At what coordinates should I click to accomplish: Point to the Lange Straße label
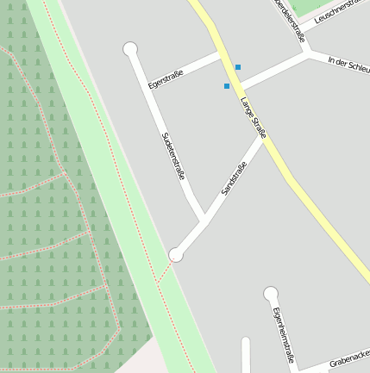click(x=254, y=119)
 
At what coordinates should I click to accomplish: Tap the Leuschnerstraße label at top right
click(x=342, y=11)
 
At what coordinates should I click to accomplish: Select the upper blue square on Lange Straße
click(x=238, y=67)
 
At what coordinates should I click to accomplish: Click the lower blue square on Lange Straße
click(x=227, y=86)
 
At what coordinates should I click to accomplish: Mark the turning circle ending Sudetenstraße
click(x=130, y=49)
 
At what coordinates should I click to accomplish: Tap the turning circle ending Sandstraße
click(x=176, y=254)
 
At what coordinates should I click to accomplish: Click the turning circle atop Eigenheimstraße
click(x=271, y=294)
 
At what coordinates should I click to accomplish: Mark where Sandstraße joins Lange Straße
click(x=263, y=136)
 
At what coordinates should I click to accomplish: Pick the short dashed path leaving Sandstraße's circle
click(x=165, y=271)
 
